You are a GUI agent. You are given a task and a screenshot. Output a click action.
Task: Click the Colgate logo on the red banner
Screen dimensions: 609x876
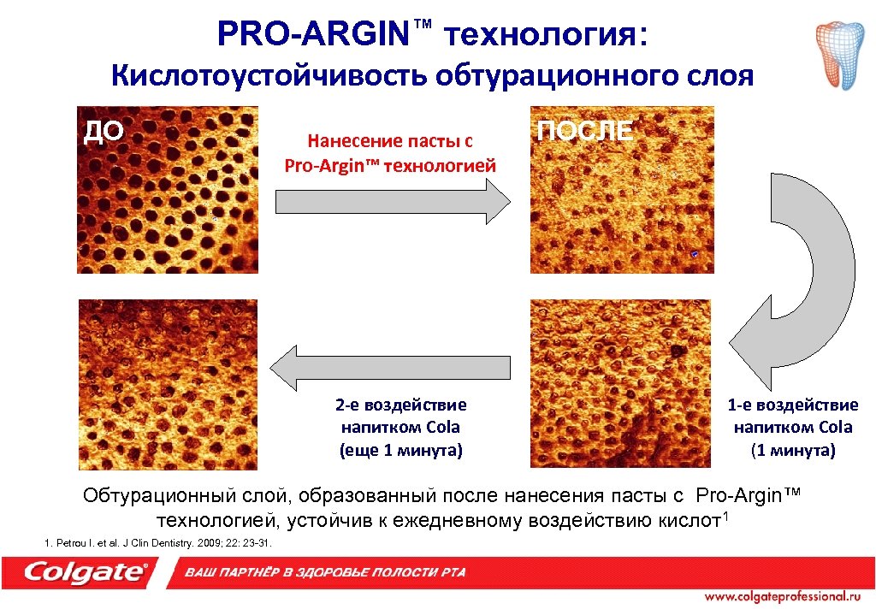86,572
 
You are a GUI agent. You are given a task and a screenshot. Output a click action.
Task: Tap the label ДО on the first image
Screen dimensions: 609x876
103,131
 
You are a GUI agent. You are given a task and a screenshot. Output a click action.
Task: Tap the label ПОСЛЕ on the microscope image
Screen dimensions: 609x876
585,131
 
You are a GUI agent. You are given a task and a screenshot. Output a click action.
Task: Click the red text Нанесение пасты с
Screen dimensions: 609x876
390,139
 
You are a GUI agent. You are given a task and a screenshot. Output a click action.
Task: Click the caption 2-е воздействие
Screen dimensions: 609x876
400,405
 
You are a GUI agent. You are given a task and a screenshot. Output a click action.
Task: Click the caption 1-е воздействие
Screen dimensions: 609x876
793,405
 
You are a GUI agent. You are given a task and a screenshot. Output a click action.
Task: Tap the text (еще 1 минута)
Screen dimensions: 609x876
400,449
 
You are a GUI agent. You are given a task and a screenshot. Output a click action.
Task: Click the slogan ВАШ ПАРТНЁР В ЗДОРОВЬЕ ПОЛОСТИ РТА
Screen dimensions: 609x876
325,572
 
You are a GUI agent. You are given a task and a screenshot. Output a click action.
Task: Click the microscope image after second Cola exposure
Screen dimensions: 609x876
168,382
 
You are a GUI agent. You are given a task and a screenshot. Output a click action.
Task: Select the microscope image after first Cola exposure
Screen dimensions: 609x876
619,382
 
